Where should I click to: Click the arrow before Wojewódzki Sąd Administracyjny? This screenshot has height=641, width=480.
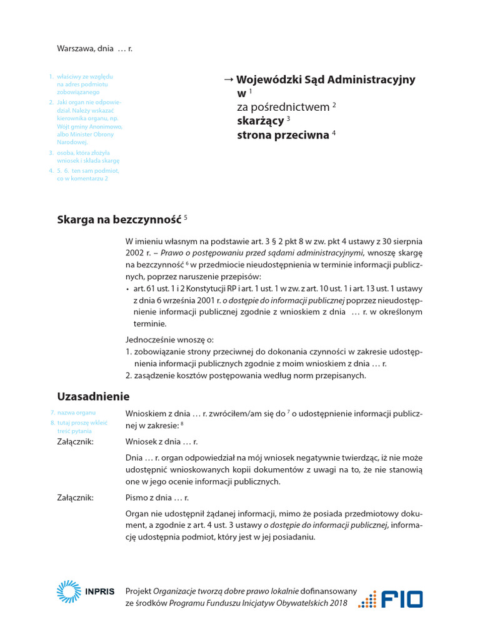228,79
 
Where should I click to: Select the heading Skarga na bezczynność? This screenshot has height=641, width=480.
119,220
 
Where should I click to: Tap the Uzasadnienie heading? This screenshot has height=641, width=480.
93,396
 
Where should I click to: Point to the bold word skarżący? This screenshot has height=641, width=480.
260,121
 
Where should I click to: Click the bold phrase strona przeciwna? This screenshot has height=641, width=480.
282,135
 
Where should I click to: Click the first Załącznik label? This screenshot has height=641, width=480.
76,442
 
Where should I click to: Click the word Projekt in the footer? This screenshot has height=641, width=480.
138,590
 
